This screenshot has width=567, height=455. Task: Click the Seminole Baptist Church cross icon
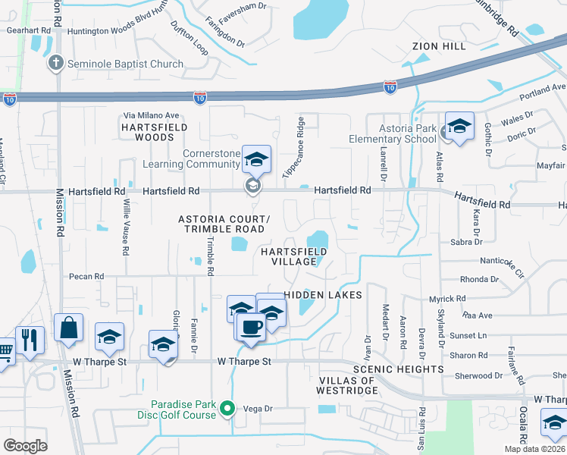coord(55,64)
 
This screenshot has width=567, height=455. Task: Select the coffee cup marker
coord(250,327)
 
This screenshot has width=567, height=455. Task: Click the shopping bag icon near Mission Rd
coord(69,328)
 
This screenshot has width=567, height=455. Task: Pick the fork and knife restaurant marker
coord(30,339)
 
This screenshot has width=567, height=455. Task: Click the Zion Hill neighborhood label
coord(439,45)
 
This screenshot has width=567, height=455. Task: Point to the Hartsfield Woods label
coord(154,133)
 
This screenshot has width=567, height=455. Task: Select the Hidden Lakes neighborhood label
coord(323,294)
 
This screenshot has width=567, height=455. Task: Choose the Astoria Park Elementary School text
coord(393,134)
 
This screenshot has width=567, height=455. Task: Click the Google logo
coord(25,446)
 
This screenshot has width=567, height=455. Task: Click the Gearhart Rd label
coord(23,31)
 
